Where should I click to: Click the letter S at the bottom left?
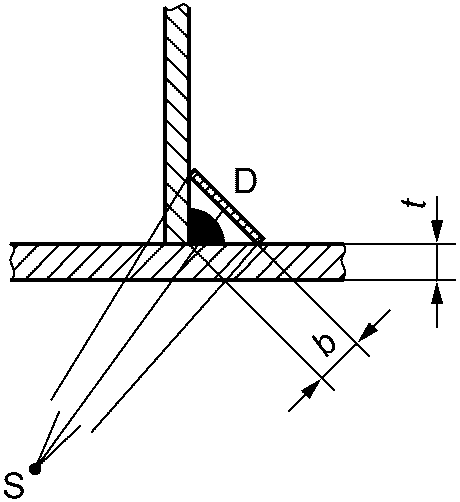(x=14, y=484)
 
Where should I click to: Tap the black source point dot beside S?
(x=34, y=468)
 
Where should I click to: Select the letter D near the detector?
(x=246, y=180)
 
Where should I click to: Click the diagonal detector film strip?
(x=228, y=205)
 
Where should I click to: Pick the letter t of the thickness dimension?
(x=414, y=203)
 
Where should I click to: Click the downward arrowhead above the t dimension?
(x=437, y=230)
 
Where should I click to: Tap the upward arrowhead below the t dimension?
(x=437, y=293)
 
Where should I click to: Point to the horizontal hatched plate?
(x=177, y=262)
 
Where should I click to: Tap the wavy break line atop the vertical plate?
(x=177, y=7)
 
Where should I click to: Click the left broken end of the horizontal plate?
(x=13, y=262)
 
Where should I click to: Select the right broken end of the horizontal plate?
(x=343, y=262)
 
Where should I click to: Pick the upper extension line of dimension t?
(x=400, y=244)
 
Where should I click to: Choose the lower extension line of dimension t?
(x=400, y=280)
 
